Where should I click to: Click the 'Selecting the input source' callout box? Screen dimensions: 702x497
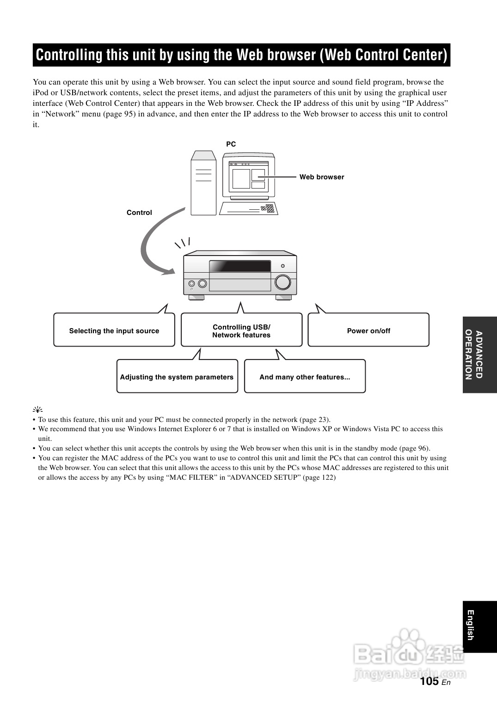(x=114, y=330)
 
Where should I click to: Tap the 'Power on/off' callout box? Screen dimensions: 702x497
(x=368, y=330)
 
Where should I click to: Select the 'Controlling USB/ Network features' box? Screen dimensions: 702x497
(x=241, y=330)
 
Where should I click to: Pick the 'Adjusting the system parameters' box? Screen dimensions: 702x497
(x=177, y=377)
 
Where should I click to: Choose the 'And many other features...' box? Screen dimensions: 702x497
(x=305, y=377)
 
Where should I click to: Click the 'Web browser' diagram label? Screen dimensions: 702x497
(x=322, y=177)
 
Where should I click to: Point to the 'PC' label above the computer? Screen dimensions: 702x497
(x=231, y=144)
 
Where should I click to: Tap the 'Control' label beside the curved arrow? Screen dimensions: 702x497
(x=139, y=213)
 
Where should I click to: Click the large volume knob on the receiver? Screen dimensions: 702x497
(x=282, y=282)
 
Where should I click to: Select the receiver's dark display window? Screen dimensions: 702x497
(x=240, y=266)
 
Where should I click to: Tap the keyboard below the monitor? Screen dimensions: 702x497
(x=248, y=209)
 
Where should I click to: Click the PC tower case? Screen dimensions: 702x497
(x=204, y=183)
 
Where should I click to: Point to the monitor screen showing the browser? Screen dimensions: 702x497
(x=249, y=177)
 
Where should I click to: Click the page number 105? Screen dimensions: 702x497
(x=430, y=681)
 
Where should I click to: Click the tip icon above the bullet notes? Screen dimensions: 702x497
(x=37, y=409)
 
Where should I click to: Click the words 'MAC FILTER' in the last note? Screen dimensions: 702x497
(x=193, y=477)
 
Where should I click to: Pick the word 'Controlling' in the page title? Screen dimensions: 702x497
(x=69, y=55)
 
